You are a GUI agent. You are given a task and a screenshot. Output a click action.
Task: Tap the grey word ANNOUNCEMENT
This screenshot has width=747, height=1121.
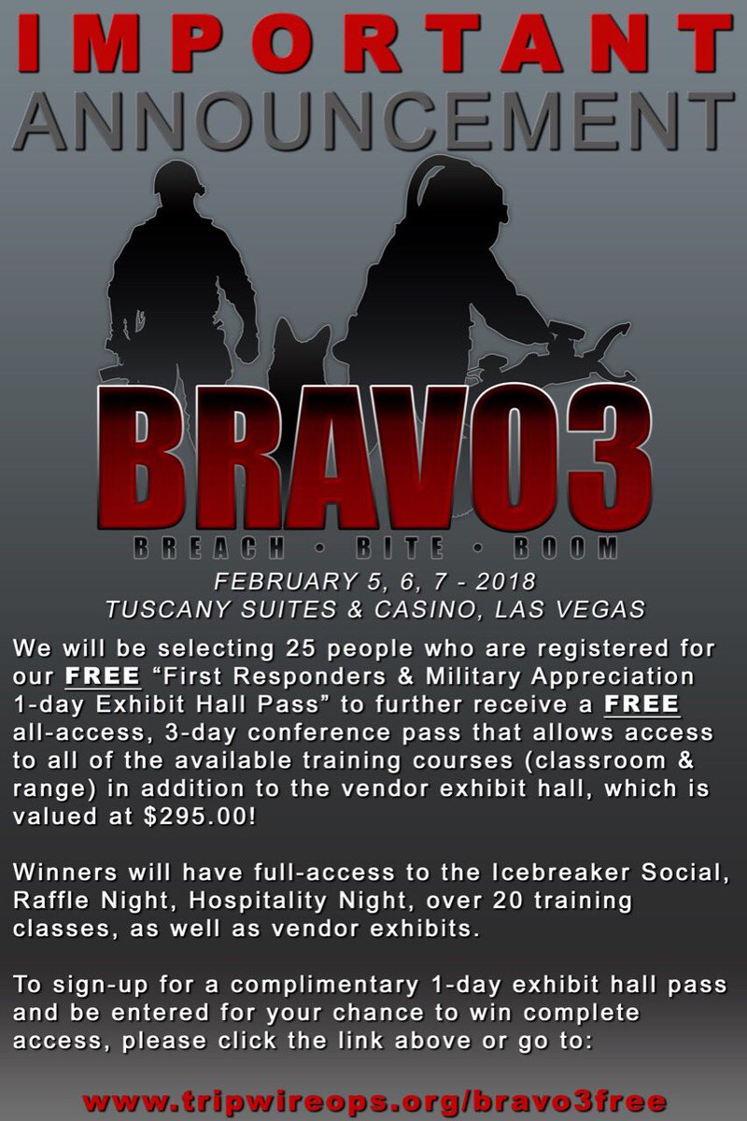(373, 112)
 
